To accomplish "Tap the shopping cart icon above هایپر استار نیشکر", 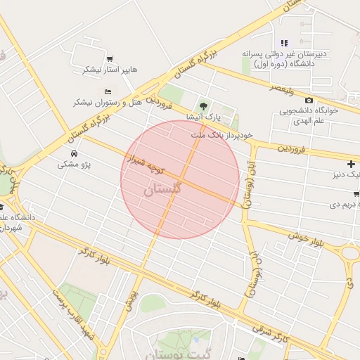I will tap(110, 58).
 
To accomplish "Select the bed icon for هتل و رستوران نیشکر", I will tap(108, 91).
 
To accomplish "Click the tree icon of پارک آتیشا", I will tap(203, 105).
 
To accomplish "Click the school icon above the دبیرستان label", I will tap(285, 43).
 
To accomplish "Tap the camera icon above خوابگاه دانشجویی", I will tap(309, 101).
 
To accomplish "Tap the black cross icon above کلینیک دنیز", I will tap(351, 164).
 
